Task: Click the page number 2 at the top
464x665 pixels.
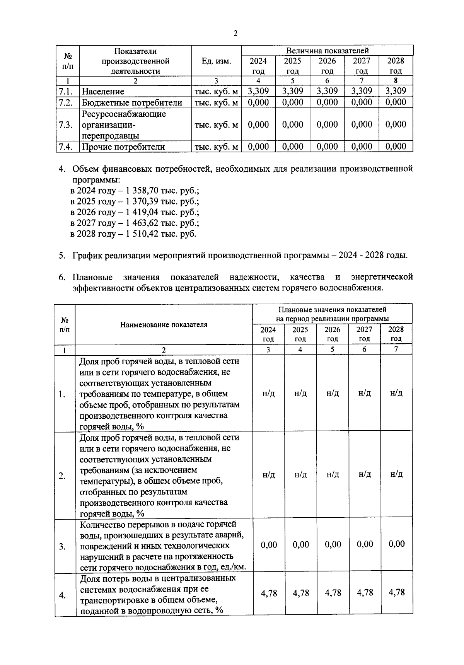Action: (x=235, y=33)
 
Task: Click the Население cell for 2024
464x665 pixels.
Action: (x=258, y=91)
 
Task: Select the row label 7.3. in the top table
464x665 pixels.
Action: (x=66, y=125)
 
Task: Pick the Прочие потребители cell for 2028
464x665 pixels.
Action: (x=396, y=147)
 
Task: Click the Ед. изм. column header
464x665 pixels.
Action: (x=216, y=61)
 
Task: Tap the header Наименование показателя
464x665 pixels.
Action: (x=164, y=325)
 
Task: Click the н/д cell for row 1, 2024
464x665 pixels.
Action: (x=268, y=393)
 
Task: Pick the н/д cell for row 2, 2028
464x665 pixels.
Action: (x=396, y=474)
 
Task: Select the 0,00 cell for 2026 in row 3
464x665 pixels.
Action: (x=333, y=544)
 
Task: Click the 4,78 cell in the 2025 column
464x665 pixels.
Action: (x=301, y=593)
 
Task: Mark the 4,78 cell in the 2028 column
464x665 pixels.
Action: (x=397, y=592)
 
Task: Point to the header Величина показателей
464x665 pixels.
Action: (x=327, y=51)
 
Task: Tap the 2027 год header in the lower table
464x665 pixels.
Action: (x=364, y=334)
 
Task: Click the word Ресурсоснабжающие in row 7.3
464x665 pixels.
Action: (x=124, y=114)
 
